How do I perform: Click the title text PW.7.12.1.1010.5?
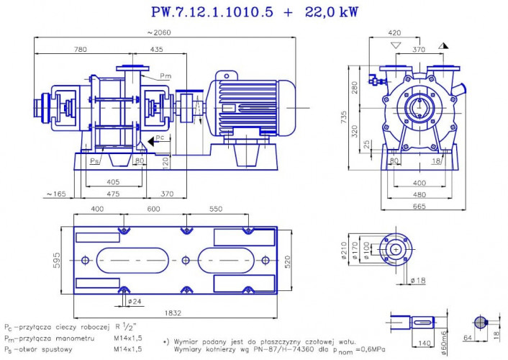pyautogui.click(x=212, y=12)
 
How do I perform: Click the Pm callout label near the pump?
pyautogui.click(x=165, y=75)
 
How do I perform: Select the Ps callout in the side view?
pyautogui.click(x=95, y=159)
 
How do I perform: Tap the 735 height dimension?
pyautogui.click(x=345, y=115)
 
